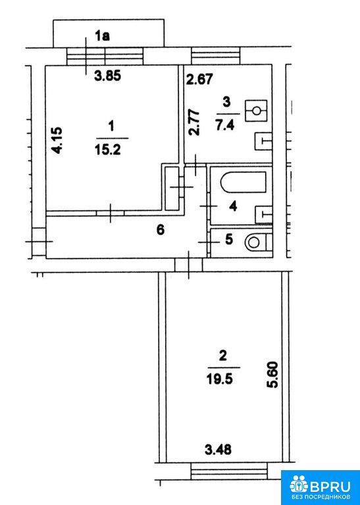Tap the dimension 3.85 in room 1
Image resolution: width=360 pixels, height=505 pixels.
pyautogui.click(x=107, y=76)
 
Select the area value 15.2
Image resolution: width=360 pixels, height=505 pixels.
pyautogui.click(x=108, y=149)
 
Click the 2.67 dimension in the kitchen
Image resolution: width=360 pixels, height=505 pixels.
pyautogui.click(x=200, y=79)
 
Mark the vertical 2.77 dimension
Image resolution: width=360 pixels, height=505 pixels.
pyautogui.click(x=194, y=123)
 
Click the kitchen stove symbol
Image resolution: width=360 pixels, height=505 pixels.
pyautogui.click(x=256, y=110)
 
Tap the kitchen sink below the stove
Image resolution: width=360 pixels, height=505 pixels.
pyautogui.click(x=264, y=141)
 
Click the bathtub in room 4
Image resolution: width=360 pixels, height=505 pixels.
pyautogui.click(x=244, y=182)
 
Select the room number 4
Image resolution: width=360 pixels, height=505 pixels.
pyautogui.click(x=233, y=206)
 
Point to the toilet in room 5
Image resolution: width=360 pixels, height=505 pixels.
pyautogui.click(x=259, y=242)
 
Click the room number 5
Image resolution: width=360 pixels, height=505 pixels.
pyautogui.click(x=228, y=240)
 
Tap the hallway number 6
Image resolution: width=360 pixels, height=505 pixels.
pyautogui.click(x=160, y=230)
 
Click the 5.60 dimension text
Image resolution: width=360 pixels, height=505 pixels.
pyautogui.click(x=273, y=375)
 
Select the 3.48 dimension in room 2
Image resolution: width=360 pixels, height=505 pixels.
pyautogui.click(x=219, y=449)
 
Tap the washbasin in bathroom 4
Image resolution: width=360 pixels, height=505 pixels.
pyautogui.click(x=264, y=214)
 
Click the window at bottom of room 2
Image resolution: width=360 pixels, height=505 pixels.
pyautogui.click(x=229, y=471)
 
